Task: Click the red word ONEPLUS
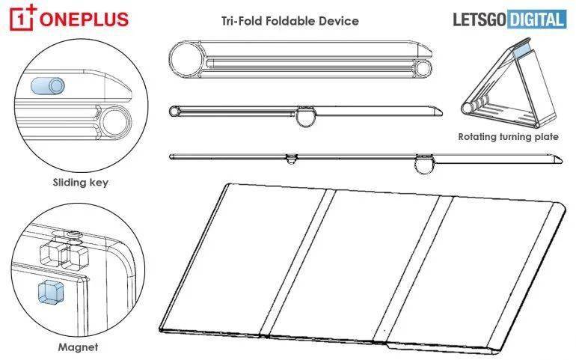[84, 19]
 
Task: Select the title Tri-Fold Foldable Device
[289, 21]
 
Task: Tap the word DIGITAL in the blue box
[536, 19]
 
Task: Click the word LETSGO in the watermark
[480, 19]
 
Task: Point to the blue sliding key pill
[48, 86]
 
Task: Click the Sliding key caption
[81, 183]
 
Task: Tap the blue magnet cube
[51, 293]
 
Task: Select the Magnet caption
[78, 347]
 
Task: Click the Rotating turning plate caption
[508, 137]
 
